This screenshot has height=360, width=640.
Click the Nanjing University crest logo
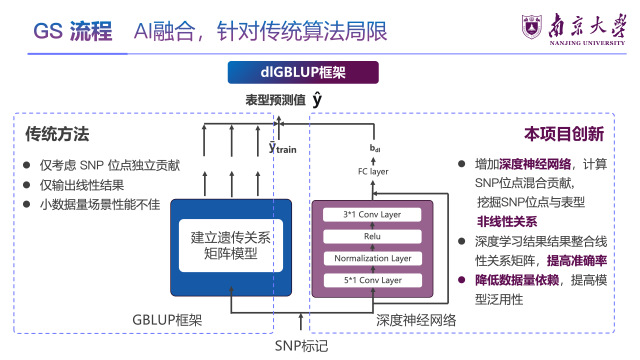(532, 27)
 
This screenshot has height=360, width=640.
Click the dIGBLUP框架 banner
(303, 72)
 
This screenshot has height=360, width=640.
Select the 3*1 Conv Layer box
(372, 215)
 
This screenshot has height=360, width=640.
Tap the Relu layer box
(372, 236)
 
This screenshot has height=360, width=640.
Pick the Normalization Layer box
(372, 258)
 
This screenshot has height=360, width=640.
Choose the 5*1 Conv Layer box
(372, 280)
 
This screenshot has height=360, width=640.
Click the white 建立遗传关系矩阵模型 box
(231, 246)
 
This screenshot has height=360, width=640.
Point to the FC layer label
(373, 172)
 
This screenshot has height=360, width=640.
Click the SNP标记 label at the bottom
(301, 346)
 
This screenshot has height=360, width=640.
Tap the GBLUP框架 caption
(167, 320)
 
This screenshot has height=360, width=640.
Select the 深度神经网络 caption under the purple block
(416, 320)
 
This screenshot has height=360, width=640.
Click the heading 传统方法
(57, 134)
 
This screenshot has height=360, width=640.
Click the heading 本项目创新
(564, 134)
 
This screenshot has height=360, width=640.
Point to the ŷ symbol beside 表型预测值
(317, 100)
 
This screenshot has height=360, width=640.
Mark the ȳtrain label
(282, 148)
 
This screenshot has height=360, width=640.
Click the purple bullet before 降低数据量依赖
(462, 280)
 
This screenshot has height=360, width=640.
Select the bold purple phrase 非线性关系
(507, 222)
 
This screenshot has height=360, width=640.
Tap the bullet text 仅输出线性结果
(82, 185)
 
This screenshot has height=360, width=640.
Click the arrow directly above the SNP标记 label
(301, 322)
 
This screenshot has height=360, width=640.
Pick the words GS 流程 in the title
(73, 31)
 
